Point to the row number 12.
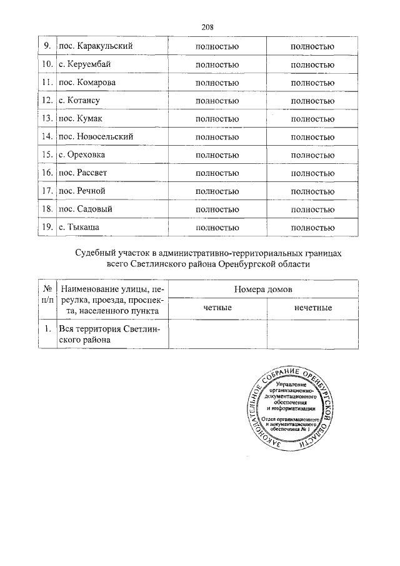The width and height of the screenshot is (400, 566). click(46, 100)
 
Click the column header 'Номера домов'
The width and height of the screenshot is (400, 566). click(262, 290)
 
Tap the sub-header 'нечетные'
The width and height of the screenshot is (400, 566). click(312, 308)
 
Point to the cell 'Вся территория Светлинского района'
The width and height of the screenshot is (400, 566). click(110, 335)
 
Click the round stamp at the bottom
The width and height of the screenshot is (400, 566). click(293, 410)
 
